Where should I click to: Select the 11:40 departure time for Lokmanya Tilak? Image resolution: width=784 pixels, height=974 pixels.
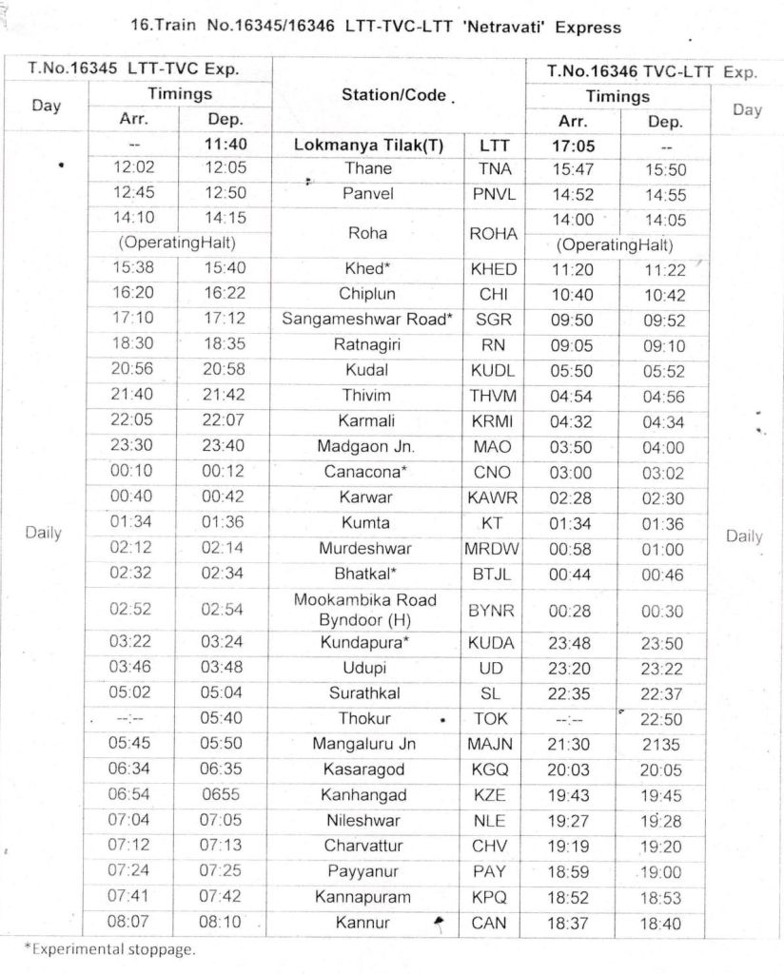pyautogui.click(x=225, y=146)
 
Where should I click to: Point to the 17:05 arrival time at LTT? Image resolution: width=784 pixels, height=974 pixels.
pyautogui.click(x=572, y=146)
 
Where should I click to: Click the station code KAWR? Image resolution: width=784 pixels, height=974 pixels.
pyautogui.click(x=492, y=497)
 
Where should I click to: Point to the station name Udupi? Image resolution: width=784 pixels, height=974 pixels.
pyautogui.click(x=366, y=669)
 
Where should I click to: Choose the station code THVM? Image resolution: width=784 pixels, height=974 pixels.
pyautogui.click(x=492, y=395)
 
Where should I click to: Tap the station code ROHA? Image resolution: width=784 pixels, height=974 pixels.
pyautogui.click(x=492, y=233)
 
